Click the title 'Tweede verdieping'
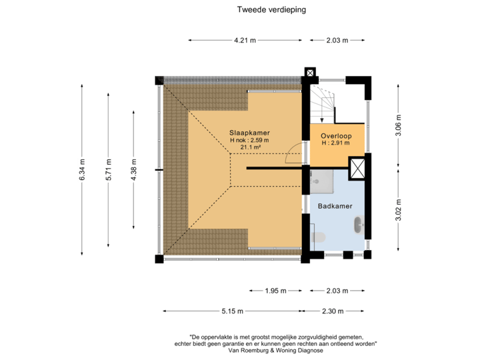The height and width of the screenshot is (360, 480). (x=271, y=10)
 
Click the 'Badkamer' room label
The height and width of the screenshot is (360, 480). (x=335, y=207)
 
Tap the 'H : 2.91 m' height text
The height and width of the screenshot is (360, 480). (x=336, y=143)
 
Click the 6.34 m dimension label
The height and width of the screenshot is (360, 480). (x=81, y=169)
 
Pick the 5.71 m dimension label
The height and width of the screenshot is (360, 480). (x=109, y=169)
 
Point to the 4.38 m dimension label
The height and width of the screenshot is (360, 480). (x=134, y=169)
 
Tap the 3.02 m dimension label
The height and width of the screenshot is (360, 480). (x=398, y=210)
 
